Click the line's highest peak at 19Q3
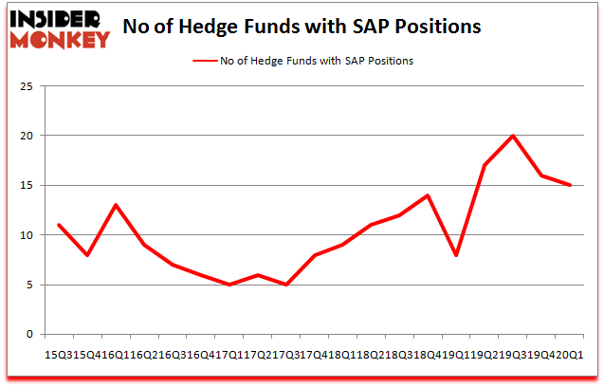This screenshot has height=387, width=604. [514, 136]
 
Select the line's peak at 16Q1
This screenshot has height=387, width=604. [114, 205]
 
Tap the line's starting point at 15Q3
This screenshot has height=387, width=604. [59, 225]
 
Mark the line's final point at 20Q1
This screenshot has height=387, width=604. [569, 185]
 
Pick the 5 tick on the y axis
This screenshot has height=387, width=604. [29, 285]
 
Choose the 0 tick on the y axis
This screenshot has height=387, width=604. [29, 334]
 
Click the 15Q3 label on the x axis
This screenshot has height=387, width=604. [59, 354]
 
